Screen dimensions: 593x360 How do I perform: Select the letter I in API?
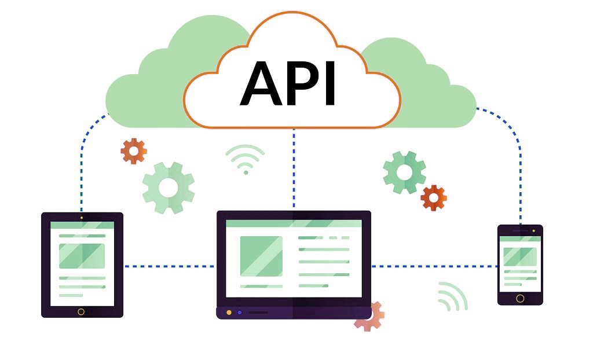(330, 83)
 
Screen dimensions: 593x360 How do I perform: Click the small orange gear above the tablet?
(134, 151)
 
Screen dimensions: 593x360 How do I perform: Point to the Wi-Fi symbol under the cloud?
(245, 157)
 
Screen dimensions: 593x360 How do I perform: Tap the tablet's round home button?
(81, 311)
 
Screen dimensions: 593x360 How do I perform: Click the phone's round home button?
(520, 299)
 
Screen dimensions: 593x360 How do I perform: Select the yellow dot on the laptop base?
(229, 313)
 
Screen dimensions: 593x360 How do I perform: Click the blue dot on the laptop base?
(239, 313)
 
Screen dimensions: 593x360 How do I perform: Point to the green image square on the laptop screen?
(261, 256)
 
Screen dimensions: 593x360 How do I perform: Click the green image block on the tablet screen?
(82, 256)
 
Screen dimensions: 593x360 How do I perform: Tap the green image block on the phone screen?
(520, 257)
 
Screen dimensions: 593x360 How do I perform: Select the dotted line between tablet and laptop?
(170, 266)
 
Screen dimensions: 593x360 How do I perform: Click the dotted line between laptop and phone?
(434, 266)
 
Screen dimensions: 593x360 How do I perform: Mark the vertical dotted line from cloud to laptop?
(294, 168)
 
